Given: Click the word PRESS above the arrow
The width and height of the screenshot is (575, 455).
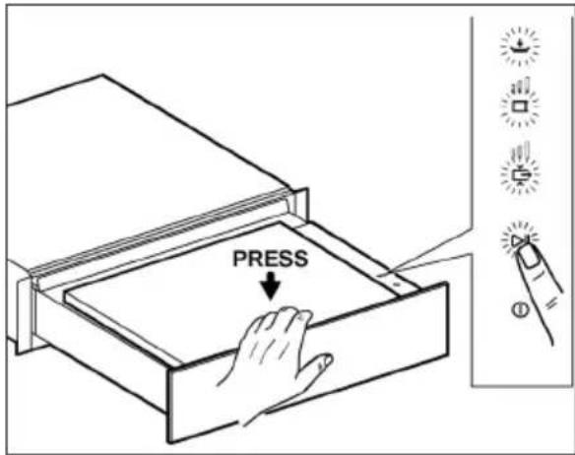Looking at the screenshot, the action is (271, 259).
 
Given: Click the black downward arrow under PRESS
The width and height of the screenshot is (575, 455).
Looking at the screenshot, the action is (271, 287).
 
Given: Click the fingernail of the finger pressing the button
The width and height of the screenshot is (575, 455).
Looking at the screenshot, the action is (529, 258).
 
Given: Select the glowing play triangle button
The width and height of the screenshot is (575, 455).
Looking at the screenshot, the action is (519, 240).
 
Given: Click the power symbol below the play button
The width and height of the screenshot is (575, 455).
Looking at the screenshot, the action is (520, 310).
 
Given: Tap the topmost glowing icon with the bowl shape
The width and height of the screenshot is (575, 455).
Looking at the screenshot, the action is (520, 45).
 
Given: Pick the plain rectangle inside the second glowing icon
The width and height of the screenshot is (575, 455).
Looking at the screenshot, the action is (520, 106).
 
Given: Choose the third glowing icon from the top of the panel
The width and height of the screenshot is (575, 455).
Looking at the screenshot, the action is (520, 169).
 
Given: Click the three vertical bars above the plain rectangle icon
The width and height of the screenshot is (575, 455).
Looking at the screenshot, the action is (521, 86).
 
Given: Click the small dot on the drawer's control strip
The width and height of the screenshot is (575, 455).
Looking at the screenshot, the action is (397, 284).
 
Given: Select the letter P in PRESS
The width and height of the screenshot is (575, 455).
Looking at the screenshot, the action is (239, 259).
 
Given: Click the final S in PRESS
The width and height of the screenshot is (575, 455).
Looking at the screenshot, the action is (301, 259).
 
